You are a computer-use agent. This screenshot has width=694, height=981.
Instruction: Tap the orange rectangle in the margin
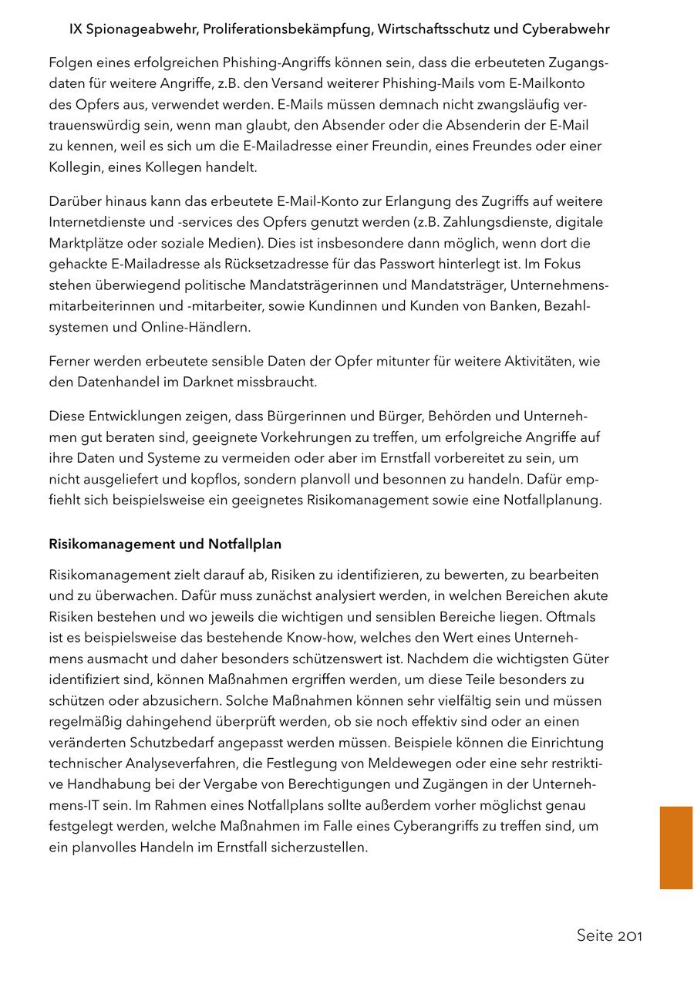tap(675, 848)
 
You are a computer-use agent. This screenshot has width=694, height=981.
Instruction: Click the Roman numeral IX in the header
tap(76, 29)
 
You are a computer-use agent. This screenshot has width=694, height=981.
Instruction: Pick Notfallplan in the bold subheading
tap(244, 544)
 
